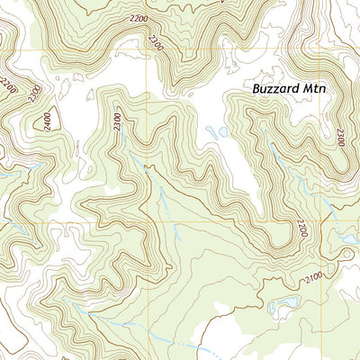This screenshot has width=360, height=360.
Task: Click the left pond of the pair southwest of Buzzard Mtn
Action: tap(211, 134)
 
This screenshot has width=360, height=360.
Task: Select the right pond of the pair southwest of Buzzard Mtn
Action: tap(222, 131)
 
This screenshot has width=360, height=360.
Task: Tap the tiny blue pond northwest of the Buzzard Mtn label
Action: tap(220, 66)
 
